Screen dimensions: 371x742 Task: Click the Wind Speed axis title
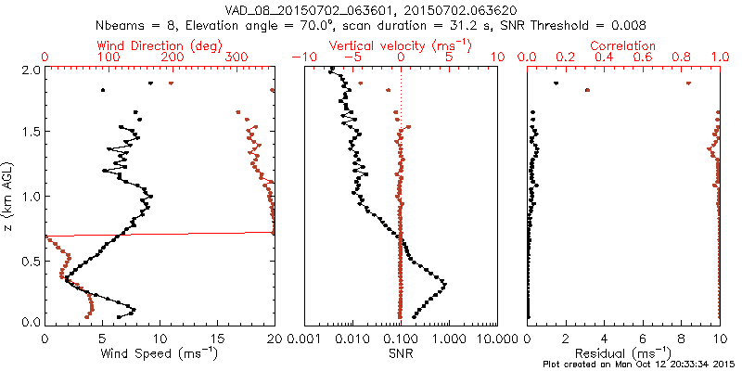click(159, 353)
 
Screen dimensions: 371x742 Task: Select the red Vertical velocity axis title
click(400, 45)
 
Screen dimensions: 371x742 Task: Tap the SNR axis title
click(400, 353)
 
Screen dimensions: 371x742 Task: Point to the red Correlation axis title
click(623, 45)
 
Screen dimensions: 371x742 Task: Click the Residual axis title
click(623, 353)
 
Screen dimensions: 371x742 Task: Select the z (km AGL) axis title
click(9, 196)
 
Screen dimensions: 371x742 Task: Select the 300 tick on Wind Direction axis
click(236, 57)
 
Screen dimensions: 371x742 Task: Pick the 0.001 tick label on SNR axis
click(304, 340)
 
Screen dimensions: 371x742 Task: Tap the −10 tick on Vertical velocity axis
click(302, 57)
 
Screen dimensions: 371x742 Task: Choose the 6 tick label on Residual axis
click(643, 340)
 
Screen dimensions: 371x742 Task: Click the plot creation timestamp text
click(640, 365)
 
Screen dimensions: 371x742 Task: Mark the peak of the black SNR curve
click(446, 283)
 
